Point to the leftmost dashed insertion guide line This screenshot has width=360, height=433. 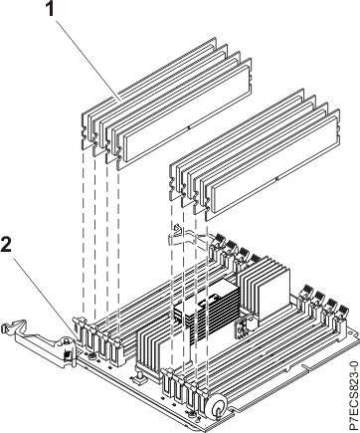(x=83, y=229)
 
